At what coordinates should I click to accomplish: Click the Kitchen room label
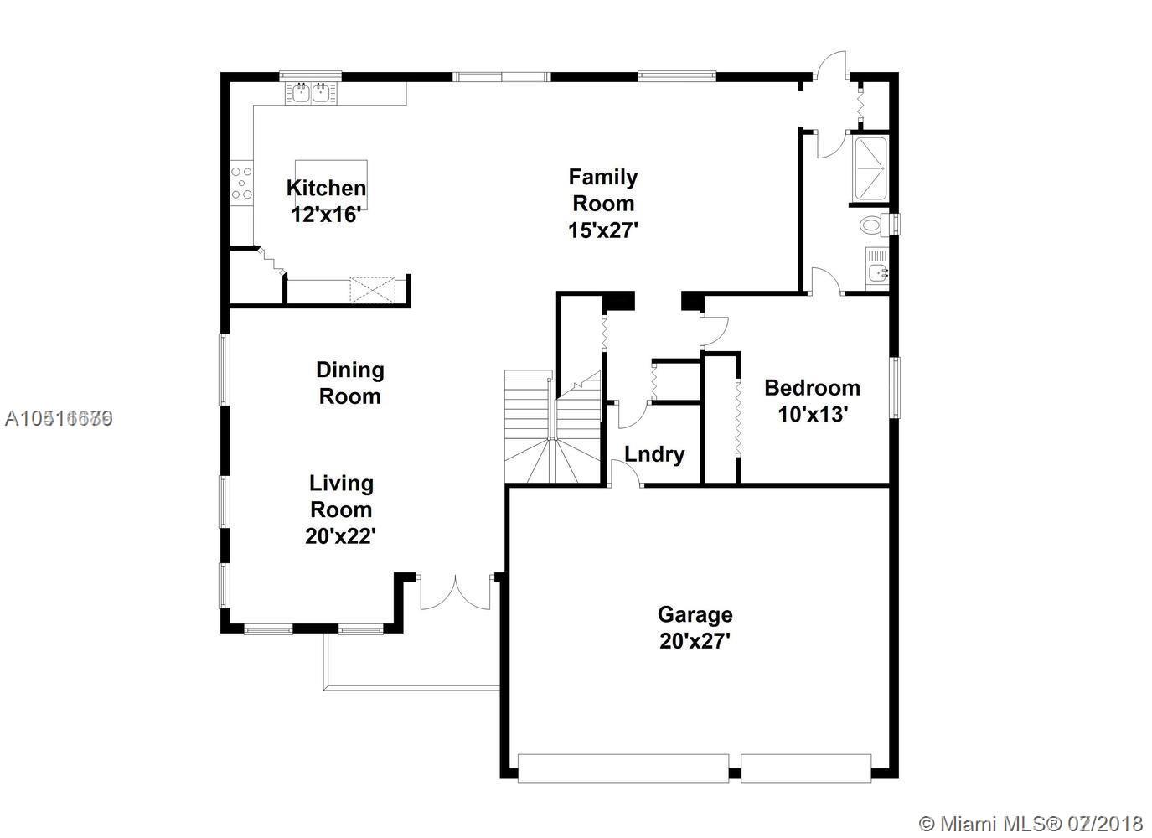point(326,188)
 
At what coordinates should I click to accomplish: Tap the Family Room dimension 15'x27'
point(603,230)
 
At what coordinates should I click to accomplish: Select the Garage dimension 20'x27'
point(695,641)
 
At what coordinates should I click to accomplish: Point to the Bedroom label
point(812,388)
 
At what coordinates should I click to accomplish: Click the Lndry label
point(654,454)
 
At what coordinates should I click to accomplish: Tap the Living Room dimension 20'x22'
point(340,535)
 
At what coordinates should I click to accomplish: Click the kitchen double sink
point(310,91)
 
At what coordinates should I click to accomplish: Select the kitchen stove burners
point(241,184)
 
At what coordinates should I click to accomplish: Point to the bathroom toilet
point(873,225)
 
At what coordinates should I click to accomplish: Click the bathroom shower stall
point(870,168)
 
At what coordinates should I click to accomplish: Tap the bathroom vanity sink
point(876,270)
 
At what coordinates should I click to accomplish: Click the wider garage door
point(622,768)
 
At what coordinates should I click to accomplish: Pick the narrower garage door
point(806,768)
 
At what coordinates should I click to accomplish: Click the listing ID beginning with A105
point(59,418)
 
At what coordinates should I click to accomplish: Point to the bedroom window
point(895,387)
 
